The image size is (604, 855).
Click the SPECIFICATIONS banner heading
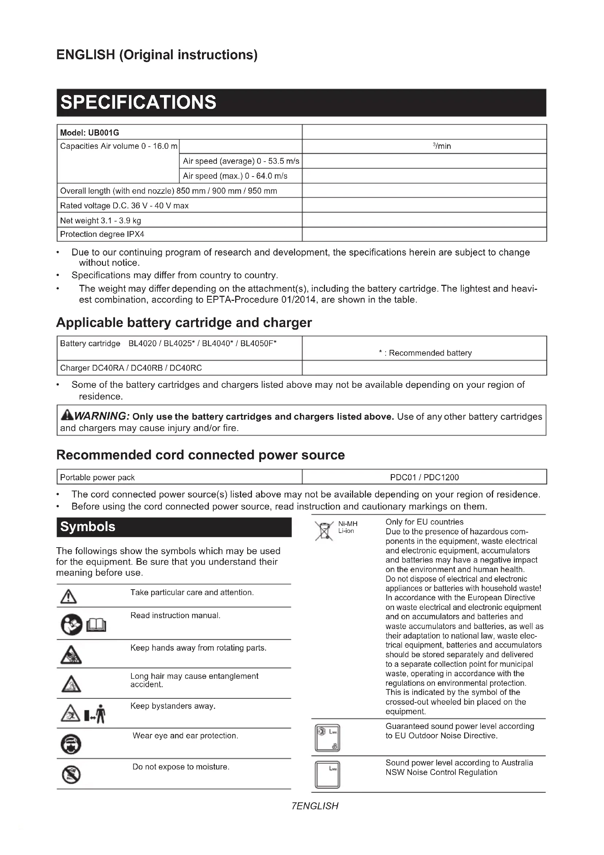point(138,102)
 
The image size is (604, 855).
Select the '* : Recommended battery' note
point(425,353)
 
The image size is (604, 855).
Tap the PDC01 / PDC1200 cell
point(424,477)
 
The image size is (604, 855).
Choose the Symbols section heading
point(88,526)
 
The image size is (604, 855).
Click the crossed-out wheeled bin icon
point(324,531)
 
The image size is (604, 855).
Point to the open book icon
point(96,624)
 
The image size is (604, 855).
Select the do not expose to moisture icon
point(71,775)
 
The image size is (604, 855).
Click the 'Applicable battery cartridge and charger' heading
point(184,322)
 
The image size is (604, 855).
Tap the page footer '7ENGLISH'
point(315,806)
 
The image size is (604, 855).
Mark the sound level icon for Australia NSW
point(327,775)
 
